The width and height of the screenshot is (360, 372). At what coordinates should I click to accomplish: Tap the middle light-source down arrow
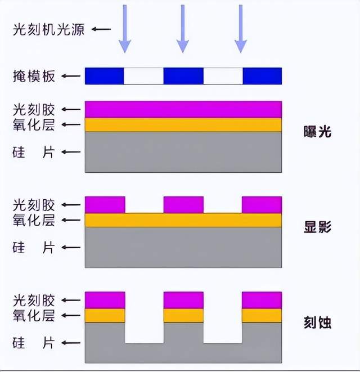coord(183,28)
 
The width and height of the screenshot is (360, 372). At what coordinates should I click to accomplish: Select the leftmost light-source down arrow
coord(125,28)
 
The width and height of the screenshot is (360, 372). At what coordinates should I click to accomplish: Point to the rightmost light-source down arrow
coord(241,28)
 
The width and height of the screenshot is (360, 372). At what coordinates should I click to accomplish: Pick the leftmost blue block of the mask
coord(104,76)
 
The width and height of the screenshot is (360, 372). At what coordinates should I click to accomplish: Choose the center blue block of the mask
coord(183,76)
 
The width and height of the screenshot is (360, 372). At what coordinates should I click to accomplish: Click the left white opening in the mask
coord(143,76)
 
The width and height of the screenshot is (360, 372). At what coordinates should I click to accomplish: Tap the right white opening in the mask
coord(223,76)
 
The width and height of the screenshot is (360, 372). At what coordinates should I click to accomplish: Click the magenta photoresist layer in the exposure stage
coord(183,109)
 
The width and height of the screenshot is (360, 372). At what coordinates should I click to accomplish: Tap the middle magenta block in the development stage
coord(183,205)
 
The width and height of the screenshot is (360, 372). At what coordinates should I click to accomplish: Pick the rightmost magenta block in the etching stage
coord(262,300)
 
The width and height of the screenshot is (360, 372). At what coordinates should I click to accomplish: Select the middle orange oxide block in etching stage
coord(183,315)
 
